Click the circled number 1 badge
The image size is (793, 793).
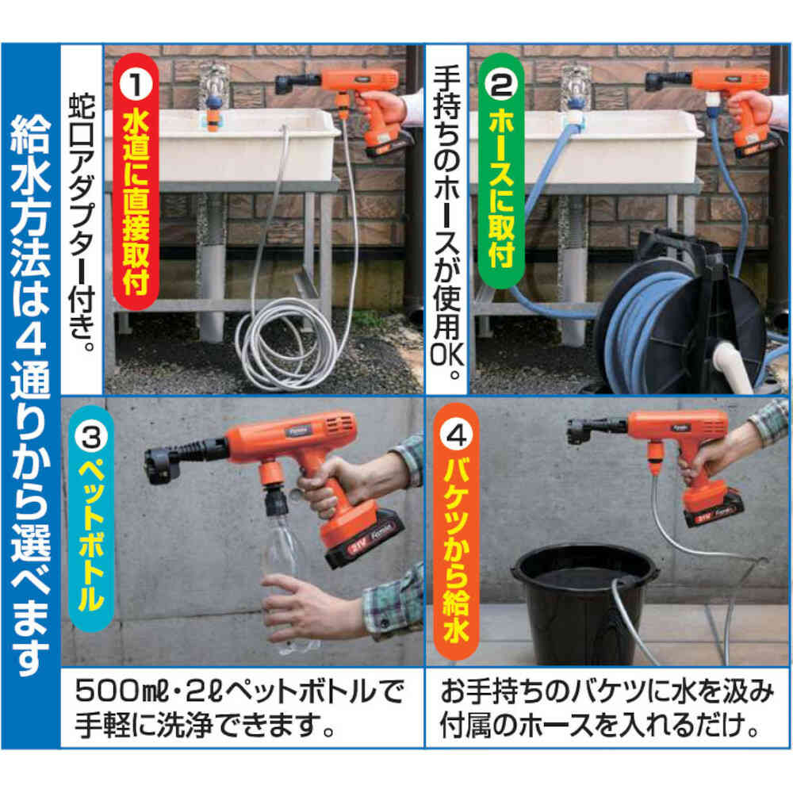(135, 84)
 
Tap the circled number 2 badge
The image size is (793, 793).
(501, 85)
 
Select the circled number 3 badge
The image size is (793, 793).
(91, 436)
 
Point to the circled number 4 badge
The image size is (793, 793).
(456, 435)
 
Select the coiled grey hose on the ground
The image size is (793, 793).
(283, 344)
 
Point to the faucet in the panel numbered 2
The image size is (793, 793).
(577, 96)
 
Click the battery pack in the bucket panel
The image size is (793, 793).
(712, 509)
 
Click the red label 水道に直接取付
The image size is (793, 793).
(136, 203)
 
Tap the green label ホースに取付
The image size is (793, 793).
(501, 188)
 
